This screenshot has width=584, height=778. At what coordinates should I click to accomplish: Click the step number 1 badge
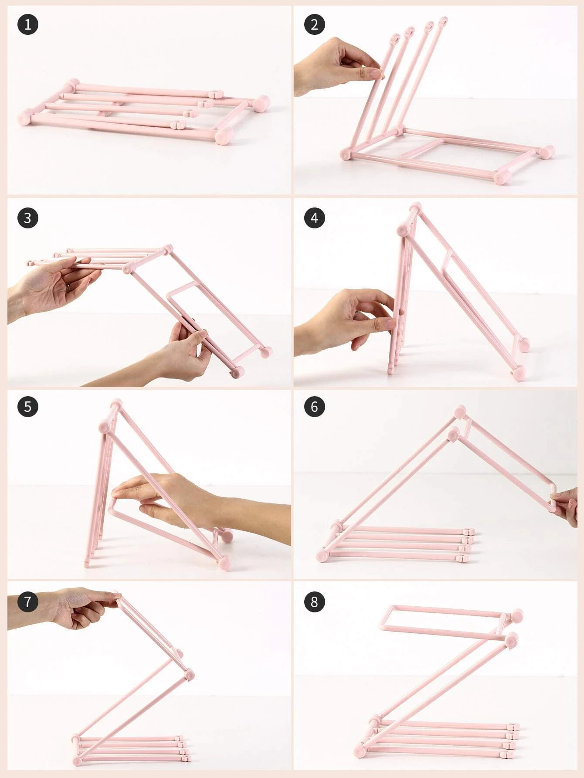[x=27, y=24]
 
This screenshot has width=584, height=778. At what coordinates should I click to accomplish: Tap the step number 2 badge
[x=314, y=24]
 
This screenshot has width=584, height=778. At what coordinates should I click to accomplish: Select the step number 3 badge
[x=27, y=217]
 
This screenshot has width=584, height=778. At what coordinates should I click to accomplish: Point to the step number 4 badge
[x=314, y=217]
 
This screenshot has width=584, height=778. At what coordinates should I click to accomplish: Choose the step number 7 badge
[x=27, y=601]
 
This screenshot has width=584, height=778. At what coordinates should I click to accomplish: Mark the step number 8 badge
[x=314, y=601]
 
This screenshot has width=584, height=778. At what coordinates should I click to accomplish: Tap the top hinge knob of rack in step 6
[x=460, y=411]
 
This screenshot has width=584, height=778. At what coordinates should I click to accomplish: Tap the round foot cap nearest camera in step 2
[x=503, y=177]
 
